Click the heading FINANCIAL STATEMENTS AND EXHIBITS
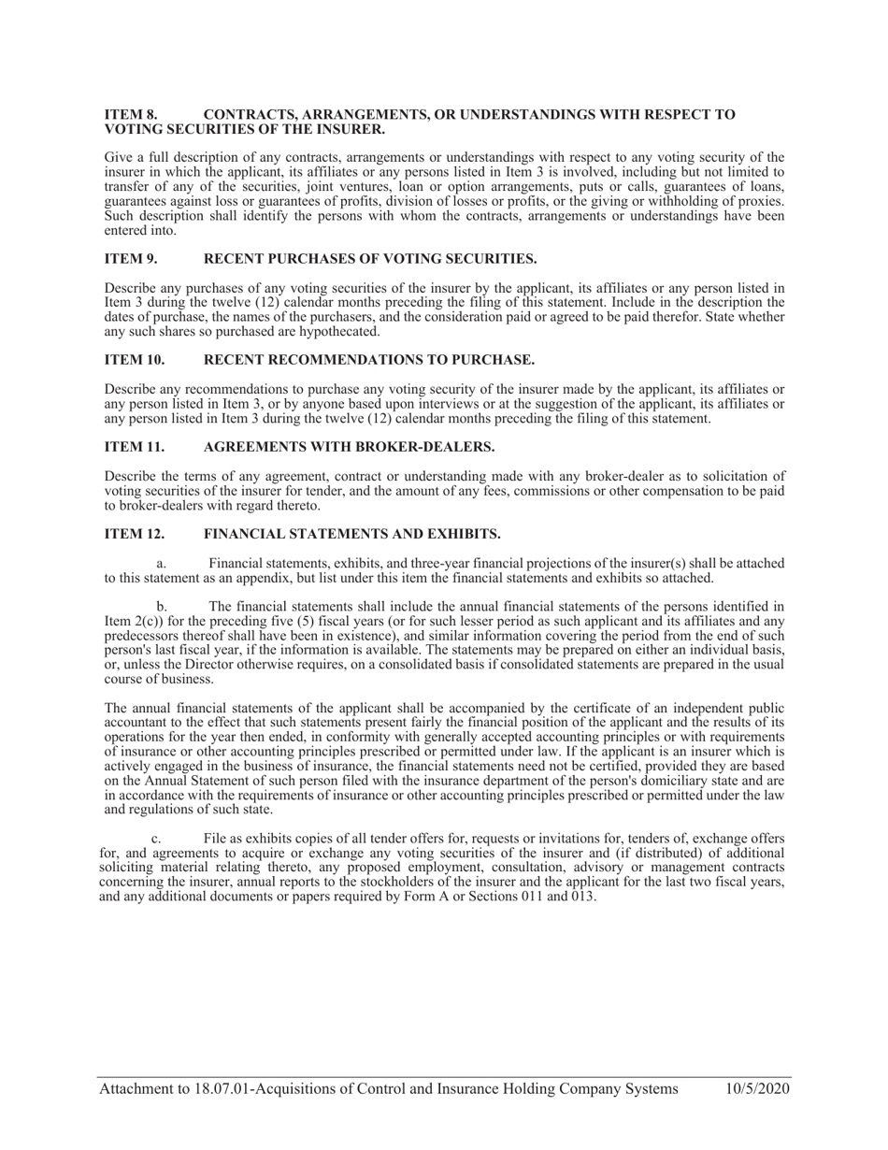pos(351,534)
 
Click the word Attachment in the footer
pos(137,1088)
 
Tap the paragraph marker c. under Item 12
pos(156,839)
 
